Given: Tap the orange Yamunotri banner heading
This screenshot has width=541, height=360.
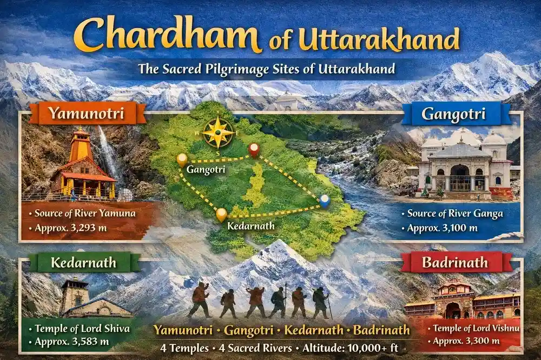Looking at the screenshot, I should (87, 114).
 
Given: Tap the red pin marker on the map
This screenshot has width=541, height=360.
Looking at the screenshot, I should (254, 150).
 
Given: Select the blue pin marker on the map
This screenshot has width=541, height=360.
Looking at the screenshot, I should (324, 201).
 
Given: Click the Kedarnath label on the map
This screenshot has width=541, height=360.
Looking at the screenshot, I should (251, 225).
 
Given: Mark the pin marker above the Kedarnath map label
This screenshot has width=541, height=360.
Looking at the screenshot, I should (221, 214).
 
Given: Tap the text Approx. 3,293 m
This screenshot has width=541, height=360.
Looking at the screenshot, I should (71, 228).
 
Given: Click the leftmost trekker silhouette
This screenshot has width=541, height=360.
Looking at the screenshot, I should (200, 299).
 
